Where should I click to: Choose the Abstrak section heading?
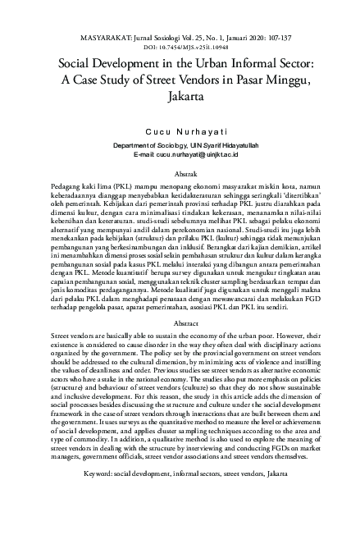[x=180, y=174]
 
